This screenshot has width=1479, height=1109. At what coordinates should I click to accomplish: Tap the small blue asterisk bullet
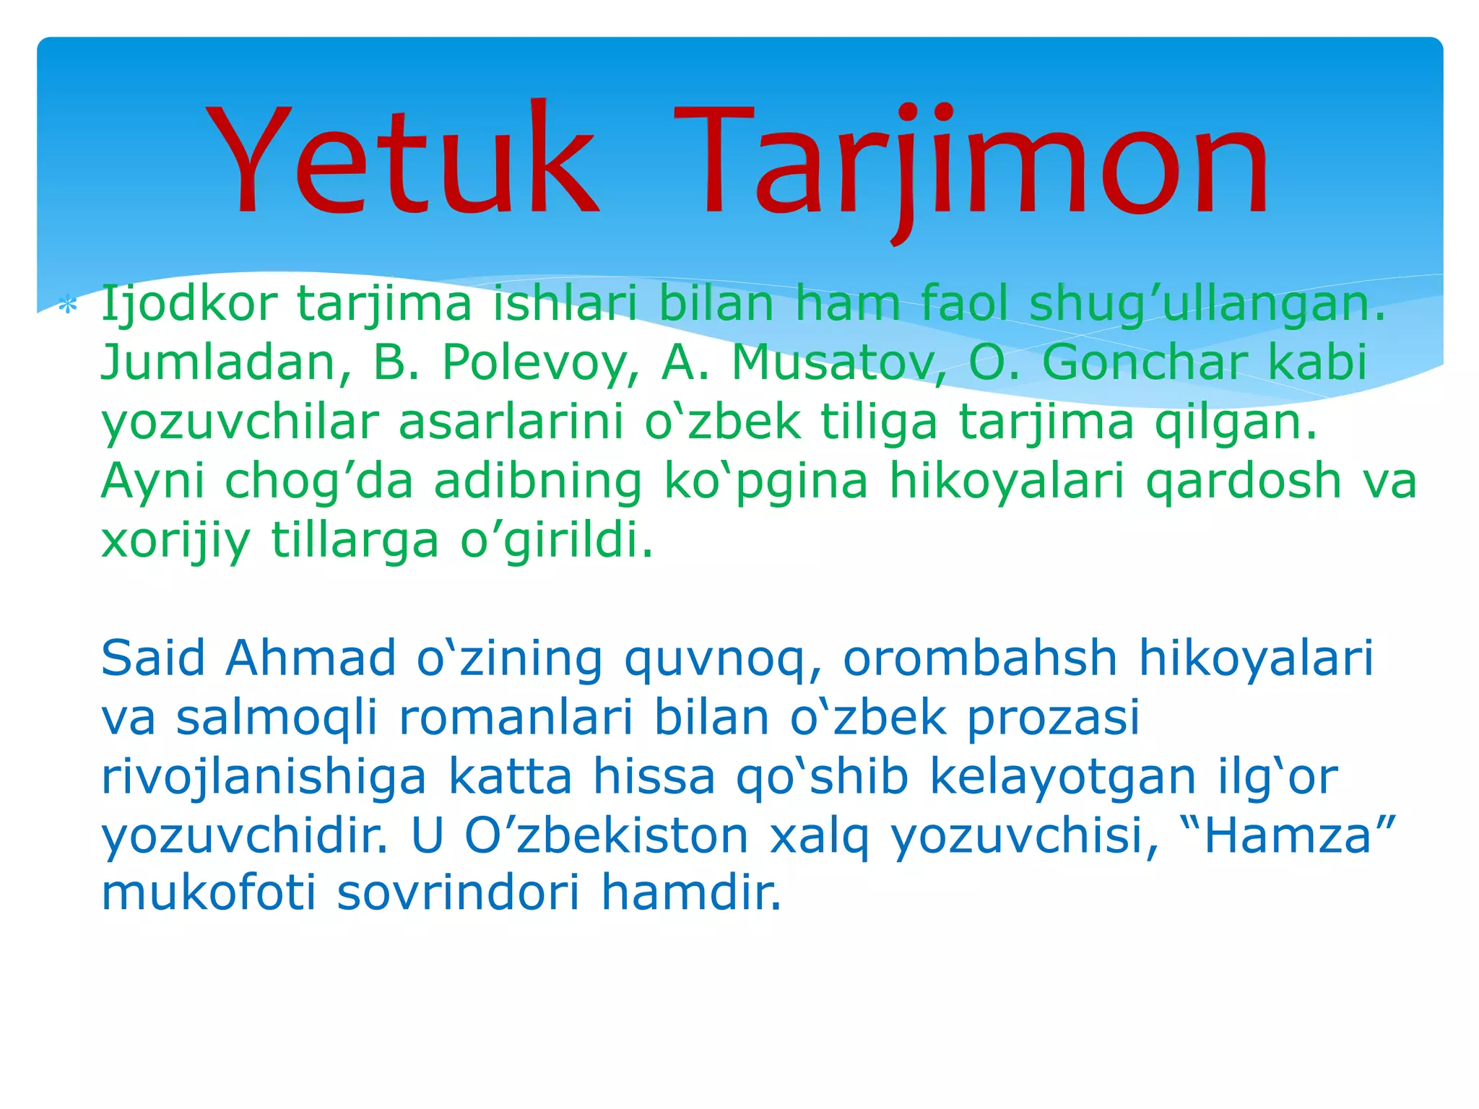[x=67, y=306]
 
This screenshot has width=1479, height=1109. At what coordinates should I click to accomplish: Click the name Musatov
[x=838, y=362]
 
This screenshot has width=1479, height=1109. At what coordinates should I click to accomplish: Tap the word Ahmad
[x=311, y=658]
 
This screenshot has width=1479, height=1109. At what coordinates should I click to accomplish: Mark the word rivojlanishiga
[x=264, y=778]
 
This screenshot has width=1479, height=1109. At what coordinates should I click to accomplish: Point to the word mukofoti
[x=209, y=894]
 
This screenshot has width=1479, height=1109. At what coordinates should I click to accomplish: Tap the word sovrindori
[x=458, y=894]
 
